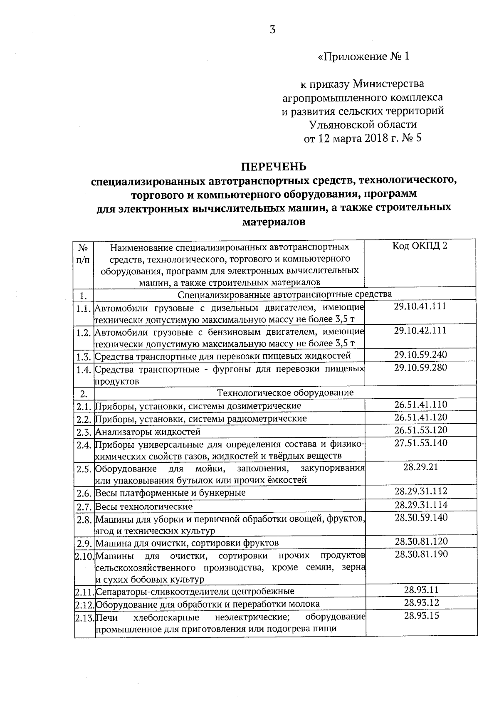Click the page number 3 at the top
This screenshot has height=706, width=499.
272,30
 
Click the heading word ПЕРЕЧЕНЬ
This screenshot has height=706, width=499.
274,167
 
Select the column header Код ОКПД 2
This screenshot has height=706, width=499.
420,246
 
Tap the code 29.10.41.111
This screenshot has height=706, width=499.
420,306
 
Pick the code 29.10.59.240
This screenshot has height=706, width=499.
420,355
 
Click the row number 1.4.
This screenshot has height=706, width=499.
84,370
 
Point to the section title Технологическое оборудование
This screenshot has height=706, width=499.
285,392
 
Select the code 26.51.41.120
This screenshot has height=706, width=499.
421,417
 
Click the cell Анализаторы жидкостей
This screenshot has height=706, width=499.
148,432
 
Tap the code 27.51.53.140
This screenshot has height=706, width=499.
421,443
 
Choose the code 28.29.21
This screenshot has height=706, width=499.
421,467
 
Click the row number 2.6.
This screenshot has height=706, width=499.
84,493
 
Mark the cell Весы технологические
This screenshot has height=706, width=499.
144,506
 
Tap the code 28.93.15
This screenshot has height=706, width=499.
422,615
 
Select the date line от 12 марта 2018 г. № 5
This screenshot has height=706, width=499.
363,138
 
